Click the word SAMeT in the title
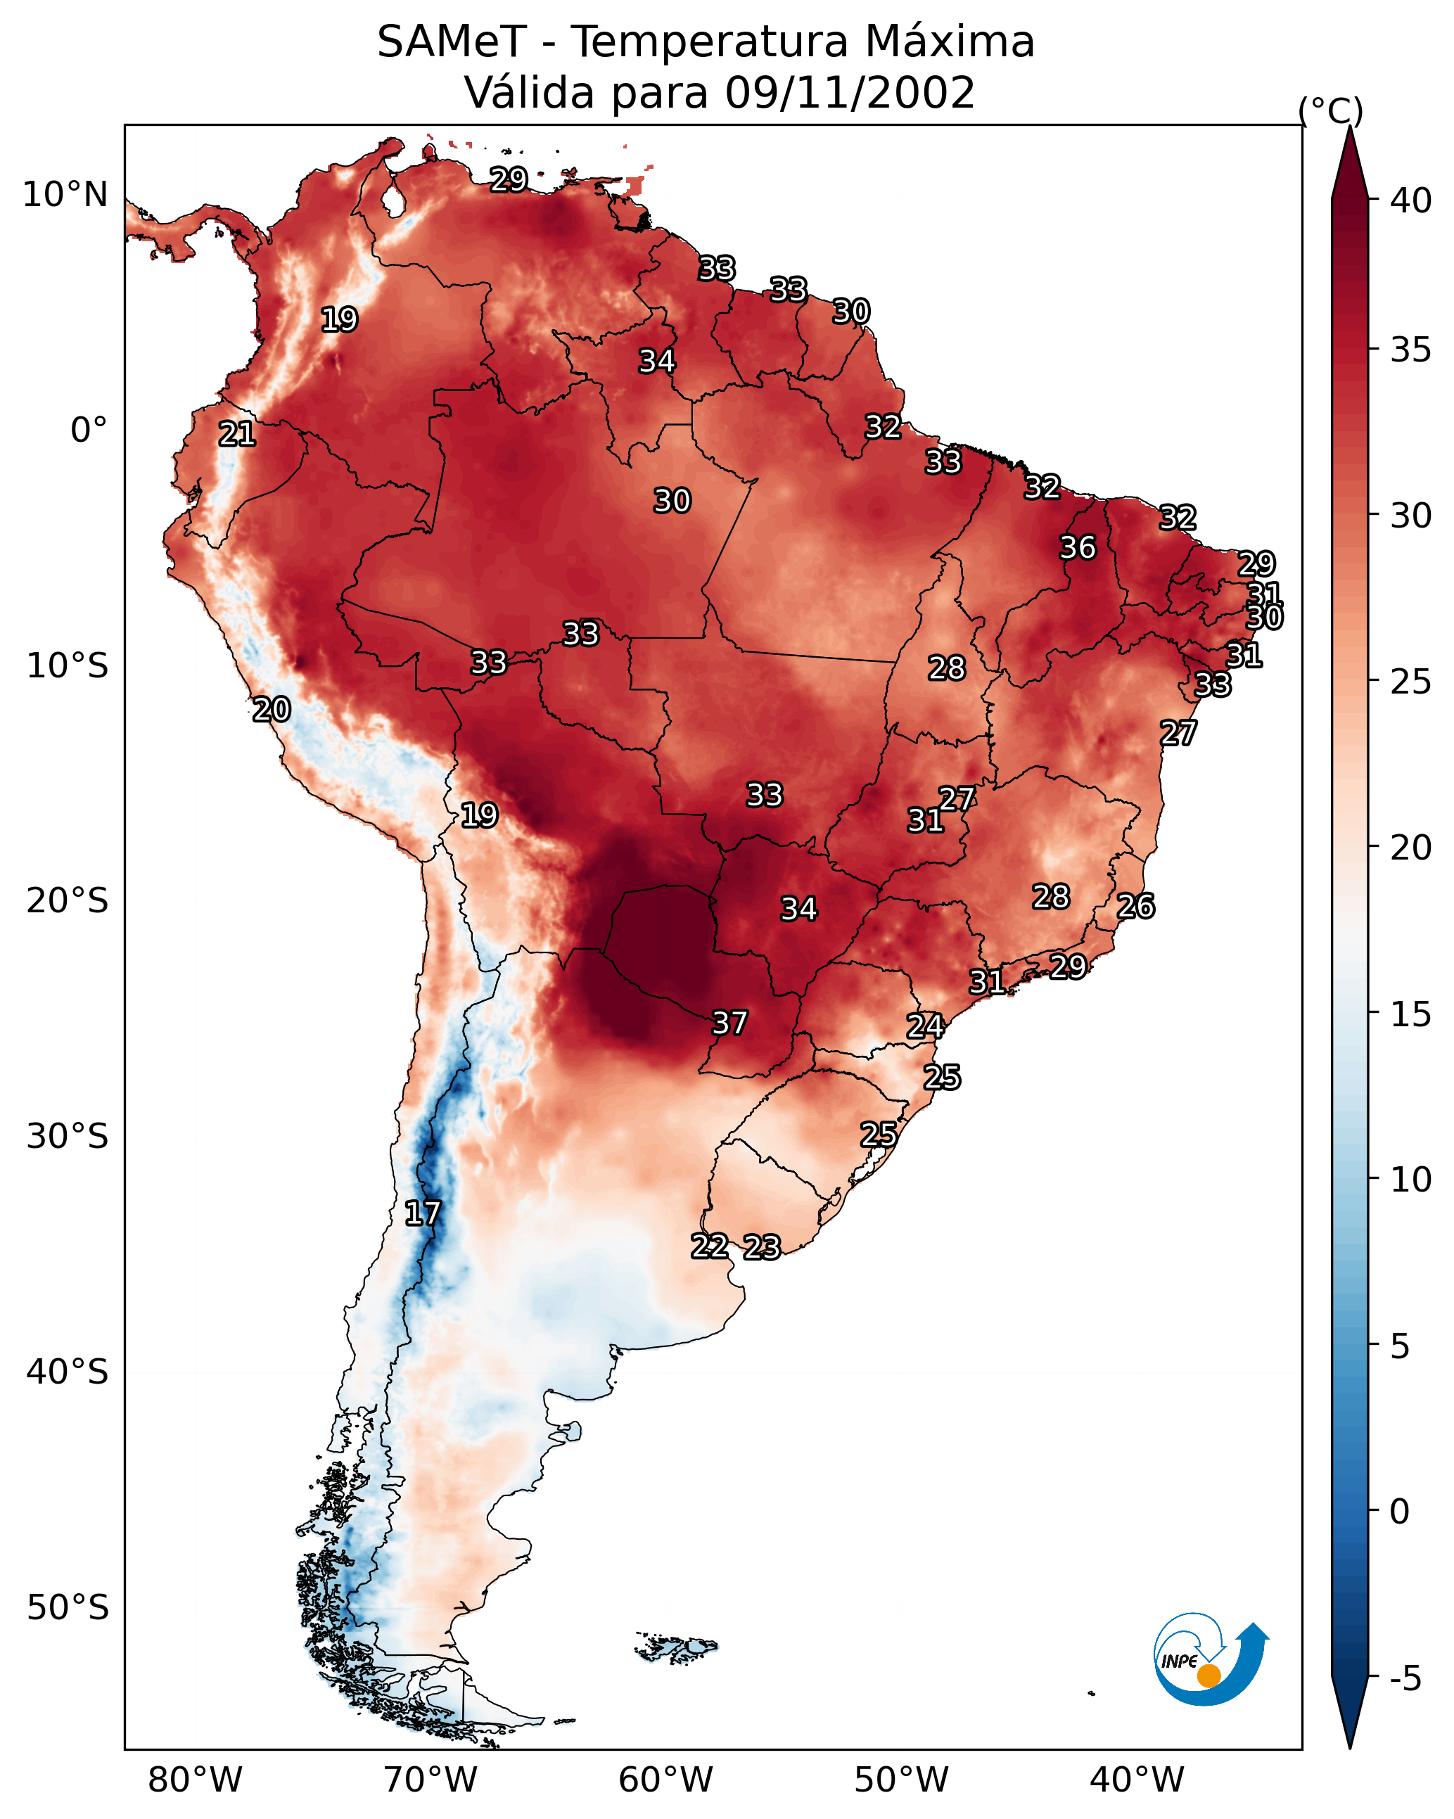452,42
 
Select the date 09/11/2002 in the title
849,93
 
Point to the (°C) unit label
1330,110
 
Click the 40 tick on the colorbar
1411,200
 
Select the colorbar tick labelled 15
1411,1015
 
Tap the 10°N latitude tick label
65,195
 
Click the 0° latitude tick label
89,430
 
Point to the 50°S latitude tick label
68,1608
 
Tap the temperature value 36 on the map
1078,549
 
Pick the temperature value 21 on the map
237,435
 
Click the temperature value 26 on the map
1136,907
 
